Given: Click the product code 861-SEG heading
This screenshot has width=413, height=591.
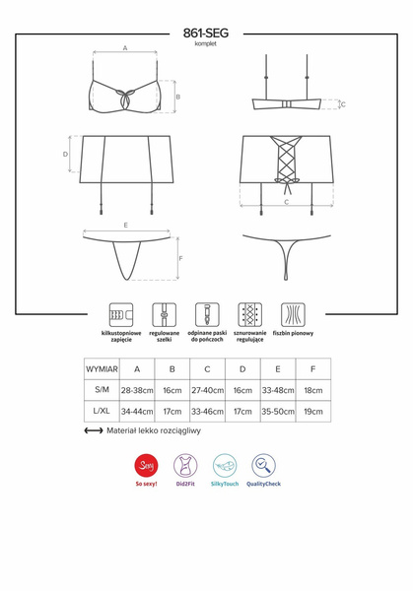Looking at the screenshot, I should [206, 33].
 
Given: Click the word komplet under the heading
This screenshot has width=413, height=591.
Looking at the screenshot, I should [206, 44].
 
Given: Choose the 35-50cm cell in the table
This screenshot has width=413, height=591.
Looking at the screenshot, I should [278, 412].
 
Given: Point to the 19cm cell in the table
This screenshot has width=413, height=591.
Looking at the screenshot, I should [313, 412].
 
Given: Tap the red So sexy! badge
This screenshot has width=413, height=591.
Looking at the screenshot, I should [146, 465].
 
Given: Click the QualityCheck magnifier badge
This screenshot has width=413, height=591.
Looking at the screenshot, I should [263, 465].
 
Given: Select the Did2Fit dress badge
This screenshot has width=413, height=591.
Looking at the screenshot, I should [185, 465].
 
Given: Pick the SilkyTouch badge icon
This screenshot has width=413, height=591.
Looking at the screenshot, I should [224, 465].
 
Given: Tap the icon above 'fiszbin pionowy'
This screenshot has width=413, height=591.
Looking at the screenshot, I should [293, 314].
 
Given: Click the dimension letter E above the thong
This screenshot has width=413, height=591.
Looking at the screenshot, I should [126, 226].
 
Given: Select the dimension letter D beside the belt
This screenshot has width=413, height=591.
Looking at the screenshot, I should [66, 155].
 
